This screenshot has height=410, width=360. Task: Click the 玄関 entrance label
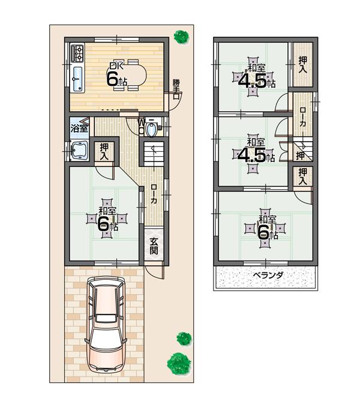pyautogui.click(x=154, y=246)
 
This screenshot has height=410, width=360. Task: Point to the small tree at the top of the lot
pyautogui.click(x=179, y=37)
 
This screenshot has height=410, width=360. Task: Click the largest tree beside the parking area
pyautogui.click(x=178, y=363)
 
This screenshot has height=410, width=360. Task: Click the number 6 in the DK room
pyautogui.click(x=112, y=78)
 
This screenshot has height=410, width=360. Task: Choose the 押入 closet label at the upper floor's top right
pyautogui.click(x=303, y=65)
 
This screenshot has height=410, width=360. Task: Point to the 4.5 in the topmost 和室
pyautogui.click(x=253, y=80)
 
